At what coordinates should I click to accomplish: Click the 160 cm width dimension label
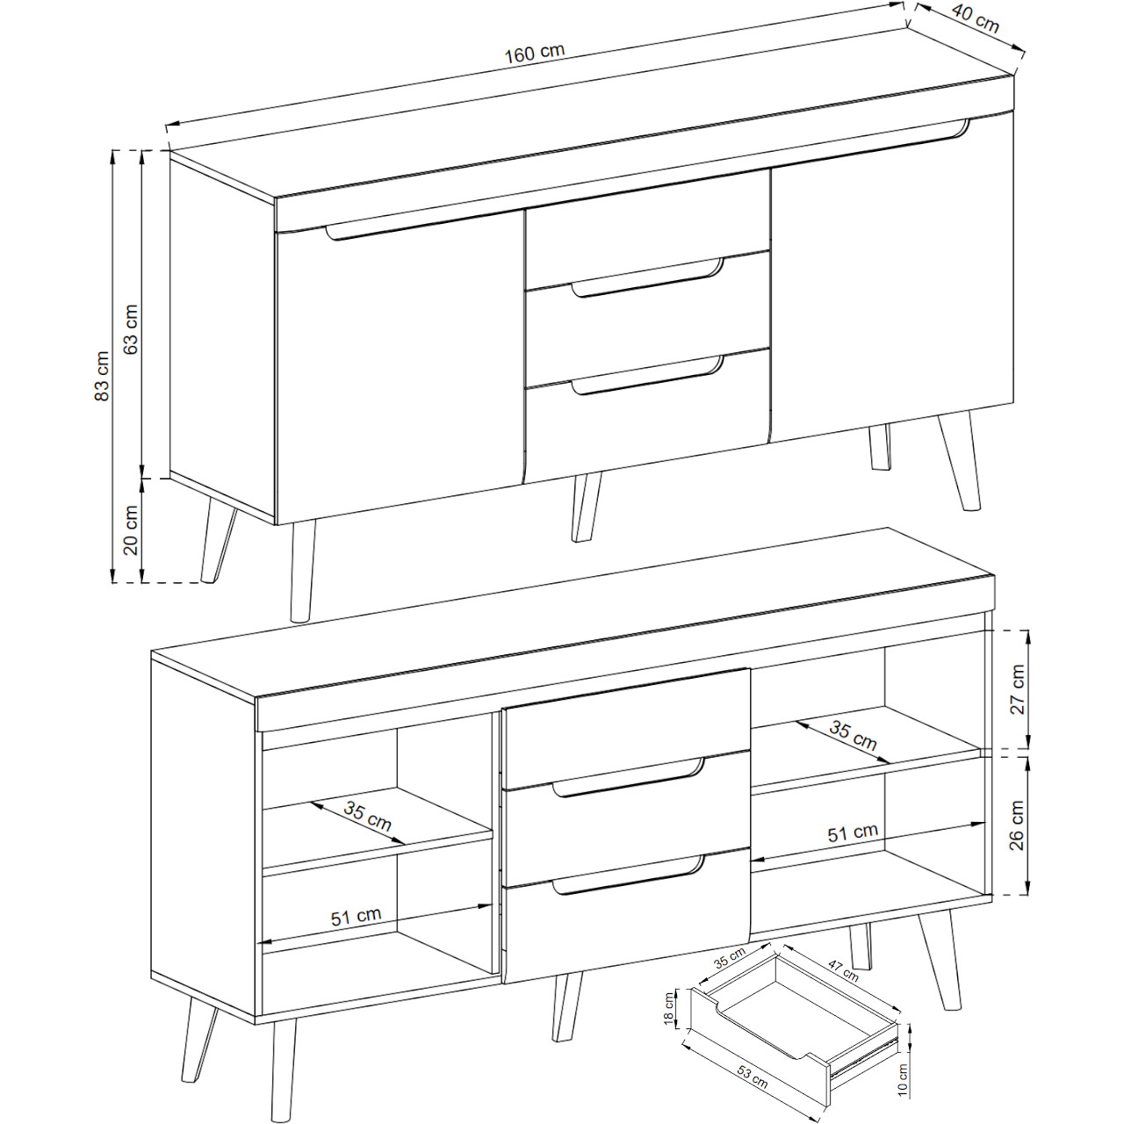534,53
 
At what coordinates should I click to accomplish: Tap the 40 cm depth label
976,18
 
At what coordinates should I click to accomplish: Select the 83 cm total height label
102,376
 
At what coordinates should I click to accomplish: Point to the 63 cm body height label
131,329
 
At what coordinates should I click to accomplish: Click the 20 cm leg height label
131,530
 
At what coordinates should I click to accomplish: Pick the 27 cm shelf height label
1017,688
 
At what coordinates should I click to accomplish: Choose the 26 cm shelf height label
1017,825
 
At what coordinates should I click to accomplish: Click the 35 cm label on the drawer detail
730,958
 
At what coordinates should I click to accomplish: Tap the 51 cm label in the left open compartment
356,916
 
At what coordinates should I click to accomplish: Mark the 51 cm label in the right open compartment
853,832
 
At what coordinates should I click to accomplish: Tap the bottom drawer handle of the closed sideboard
647,375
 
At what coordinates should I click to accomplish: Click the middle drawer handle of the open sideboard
628,775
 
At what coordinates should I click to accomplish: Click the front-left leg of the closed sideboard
304,571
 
